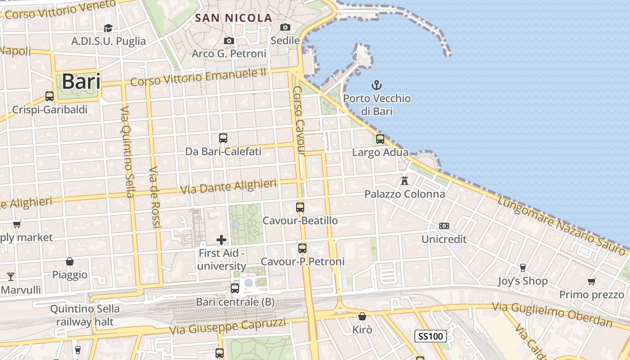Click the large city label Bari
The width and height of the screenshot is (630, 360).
pyautogui.click(x=81, y=82)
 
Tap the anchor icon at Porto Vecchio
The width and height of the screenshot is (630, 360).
pyautogui.click(x=377, y=85)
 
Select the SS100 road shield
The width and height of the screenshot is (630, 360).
pyautogui.click(x=430, y=336)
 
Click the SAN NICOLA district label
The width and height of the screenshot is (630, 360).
pyautogui.click(x=234, y=18)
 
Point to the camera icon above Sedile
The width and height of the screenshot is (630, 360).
pyautogui.click(x=285, y=27)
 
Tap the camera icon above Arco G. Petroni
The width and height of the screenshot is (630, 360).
pyautogui.click(x=229, y=41)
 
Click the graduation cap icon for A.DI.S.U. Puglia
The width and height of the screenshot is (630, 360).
pyautogui.click(x=108, y=28)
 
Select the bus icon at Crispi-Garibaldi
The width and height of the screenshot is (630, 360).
pyautogui.click(x=49, y=96)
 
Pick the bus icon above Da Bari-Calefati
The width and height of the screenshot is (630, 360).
pyautogui.click(x=223, y=138)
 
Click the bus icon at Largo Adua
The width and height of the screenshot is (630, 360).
pyautogui.click(x=380, y=139)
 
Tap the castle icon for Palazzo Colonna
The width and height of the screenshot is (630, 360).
pyautogui.click(x=405, y=181)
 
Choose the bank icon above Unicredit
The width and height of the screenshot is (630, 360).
pyautogui.click(x=444, y=226)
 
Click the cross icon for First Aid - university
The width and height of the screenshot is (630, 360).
pyautogui.click(x=221, y=240)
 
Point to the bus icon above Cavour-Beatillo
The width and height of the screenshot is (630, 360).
pyautogui.click(x=300, y=207)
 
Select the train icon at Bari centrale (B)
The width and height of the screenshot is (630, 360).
pyautogui.click(x=235, y=288)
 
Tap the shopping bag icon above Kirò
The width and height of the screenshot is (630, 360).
pyautogui.click(x=362, y=316)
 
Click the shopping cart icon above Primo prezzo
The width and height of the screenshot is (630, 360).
pyautogui.click(x=591, y=282)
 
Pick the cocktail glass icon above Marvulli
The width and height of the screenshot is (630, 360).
pyautogui.click(x=11, y=276)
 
